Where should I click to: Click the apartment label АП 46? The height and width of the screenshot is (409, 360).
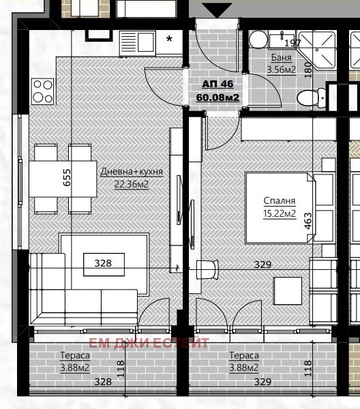pyautogui.click(x=217, y=84)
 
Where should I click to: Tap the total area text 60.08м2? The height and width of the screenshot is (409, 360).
pyautogui.click(x=217, y=97)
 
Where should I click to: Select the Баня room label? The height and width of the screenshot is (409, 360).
pyautogui.click(x=281, y=57)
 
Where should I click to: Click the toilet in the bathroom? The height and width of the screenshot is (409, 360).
pyautogui.click(x=312, y=98)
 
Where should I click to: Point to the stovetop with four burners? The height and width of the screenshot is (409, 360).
pyautogui.click(x=43, y=91)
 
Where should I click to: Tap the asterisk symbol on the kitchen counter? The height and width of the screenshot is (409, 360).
pyautogui.click(x=169, y=39)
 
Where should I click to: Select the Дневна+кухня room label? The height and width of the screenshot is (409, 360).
pyautogui.click(x=132, y=172)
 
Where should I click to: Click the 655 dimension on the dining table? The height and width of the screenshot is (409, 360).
pyautogui.click(x=67, y=177)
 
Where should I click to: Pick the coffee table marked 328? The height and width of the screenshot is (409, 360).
pyautogui.click(x=104, y=264)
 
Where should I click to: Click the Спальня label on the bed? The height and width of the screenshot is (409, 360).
pyautogui.click(x=280, y=200)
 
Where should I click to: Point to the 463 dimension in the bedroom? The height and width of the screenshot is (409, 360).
pyautogui.click(x=307, y=221)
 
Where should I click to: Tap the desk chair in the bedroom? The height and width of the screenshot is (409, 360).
pyautogui.click(x=207, y=269)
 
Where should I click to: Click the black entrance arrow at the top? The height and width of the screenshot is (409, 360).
pyautogui.click(x=217, y=10)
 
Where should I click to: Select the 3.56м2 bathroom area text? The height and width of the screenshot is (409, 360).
pyautogui.click(x=281, y=70)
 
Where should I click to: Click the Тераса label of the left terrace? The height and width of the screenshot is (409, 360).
pyautogui.click(x=75, y=355)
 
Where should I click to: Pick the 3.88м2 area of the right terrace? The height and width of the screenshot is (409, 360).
pyautogui.click(x=244, y=367)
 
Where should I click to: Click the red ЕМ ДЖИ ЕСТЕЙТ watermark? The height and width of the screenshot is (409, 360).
pyautogui.click(x=149, y=343)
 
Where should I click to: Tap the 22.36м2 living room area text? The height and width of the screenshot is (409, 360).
pyautogui.click(x=132, y=184)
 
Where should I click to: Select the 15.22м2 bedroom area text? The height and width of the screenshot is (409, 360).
pyautogui.click(x=280, y=213)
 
